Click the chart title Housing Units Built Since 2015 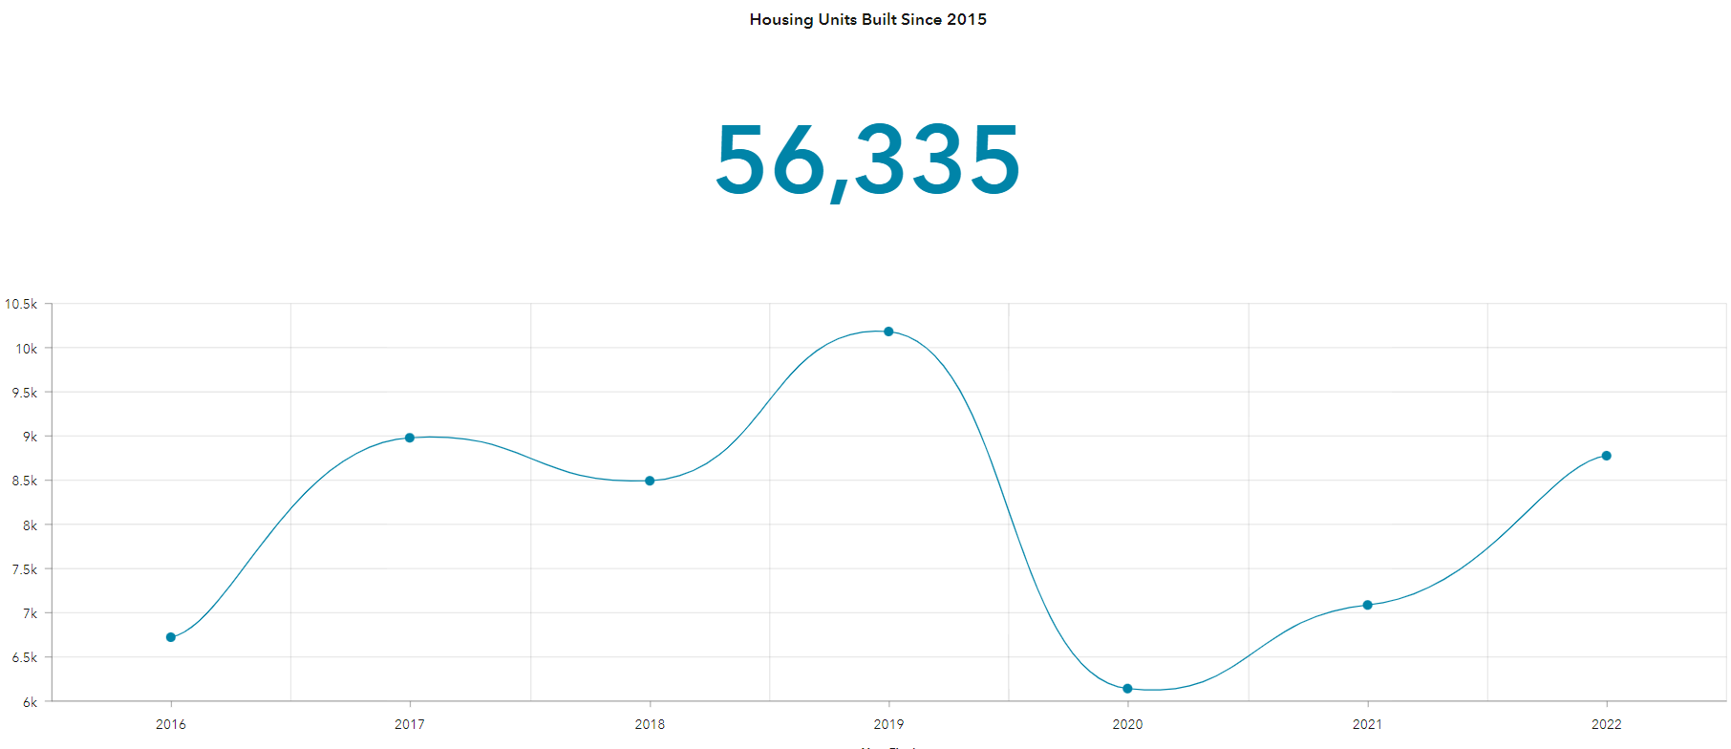click(x=867, y=19)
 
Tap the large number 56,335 click(x=867, y=160)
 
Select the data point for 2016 click(x=171, y=637)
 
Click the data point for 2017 click(x=410, y=438)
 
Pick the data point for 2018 click(x=650, y=481)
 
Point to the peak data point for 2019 click(x=888, y=332)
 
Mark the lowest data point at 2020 click(x=1127, y=689)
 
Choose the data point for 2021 click(x=1367, y=605)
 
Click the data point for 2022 click(x=1606, y=456)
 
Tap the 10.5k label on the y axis click(x=21, y=304)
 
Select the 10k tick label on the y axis click(x=26, y=349)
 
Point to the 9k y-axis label click(x=30, y=437)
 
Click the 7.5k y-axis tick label click(x=24, y=569)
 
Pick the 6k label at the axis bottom click(x=30, y=702)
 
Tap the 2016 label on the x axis click(x=171, y=724)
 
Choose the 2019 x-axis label click(x=888, y=724)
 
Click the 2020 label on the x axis click(x=1127, y=724)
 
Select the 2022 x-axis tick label click(x=1606, y=724)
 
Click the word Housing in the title click(x=781, y=19)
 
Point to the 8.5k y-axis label click(x=24, y=481)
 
